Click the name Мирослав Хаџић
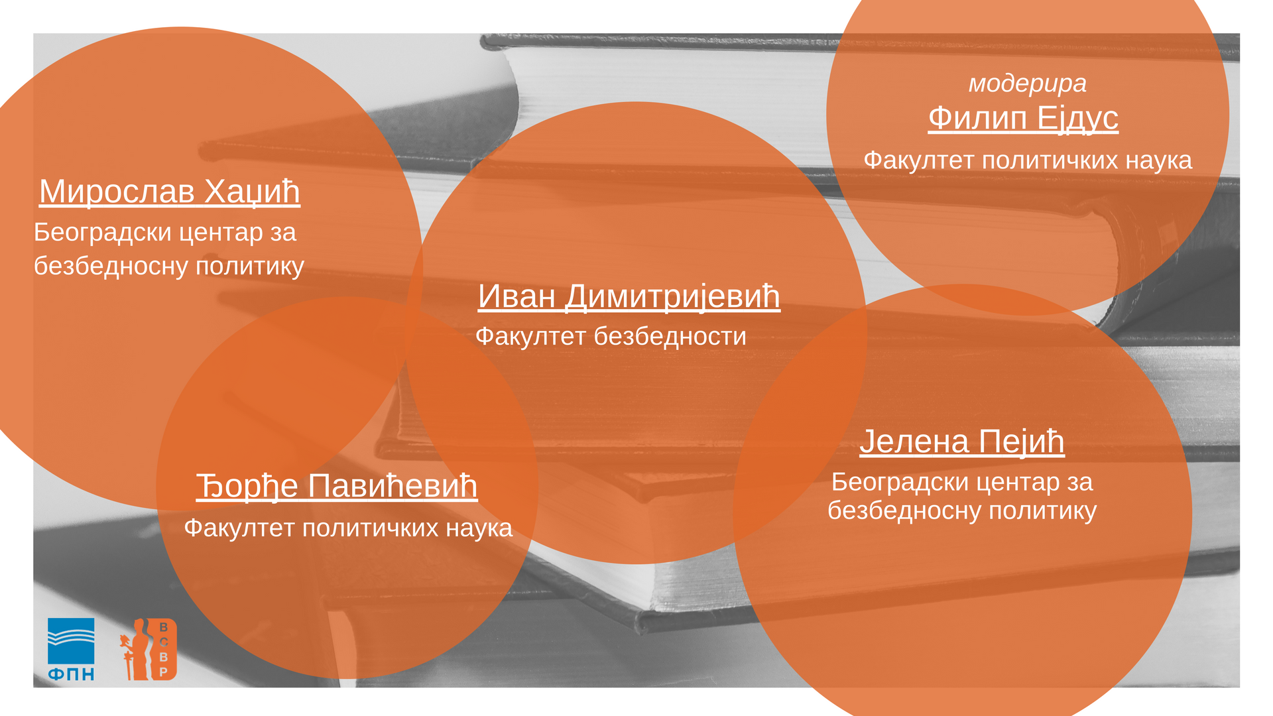[170, 192]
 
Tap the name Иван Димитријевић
[629, 296]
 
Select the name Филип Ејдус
[1023, 119]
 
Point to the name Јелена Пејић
[962, 442]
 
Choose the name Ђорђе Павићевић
[337, 487]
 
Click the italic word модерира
[1028, 84]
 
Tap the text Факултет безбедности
[611, 337]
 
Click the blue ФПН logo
[71, 649]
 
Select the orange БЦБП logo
[149, 649]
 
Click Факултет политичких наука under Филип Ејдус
[1028, 160]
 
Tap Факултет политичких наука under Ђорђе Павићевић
[348, 528]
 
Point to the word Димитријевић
[672, 296]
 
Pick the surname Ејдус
[1077, 119]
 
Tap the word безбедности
[670, 337]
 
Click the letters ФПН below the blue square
[71, 674]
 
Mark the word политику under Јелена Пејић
[1043, 511]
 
